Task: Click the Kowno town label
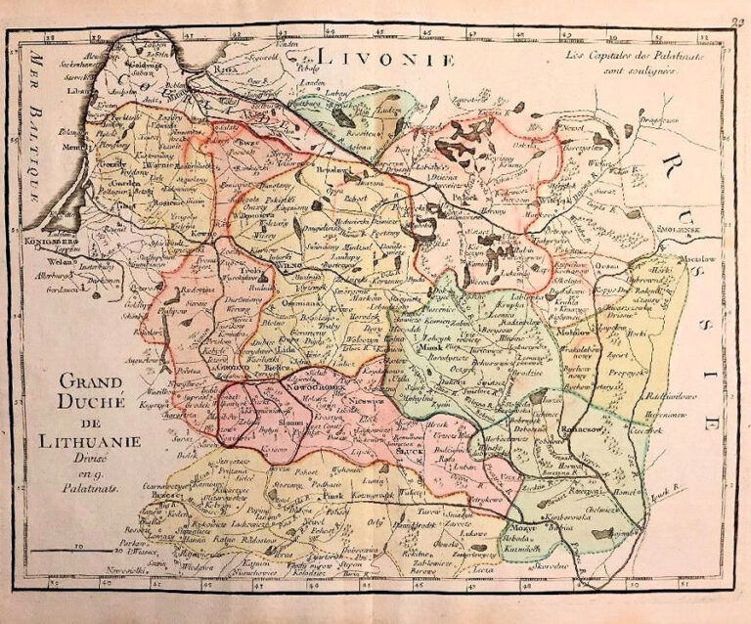[x=200, y=236]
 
